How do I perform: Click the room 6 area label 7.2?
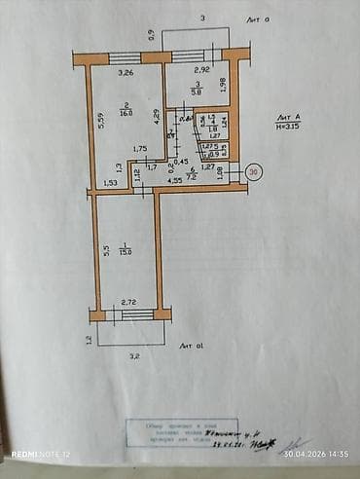point(191,178)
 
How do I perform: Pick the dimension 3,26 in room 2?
point(126,73)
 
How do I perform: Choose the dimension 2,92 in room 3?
point(201,71)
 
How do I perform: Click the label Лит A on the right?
point(289,116)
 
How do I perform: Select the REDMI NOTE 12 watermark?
point(41,455)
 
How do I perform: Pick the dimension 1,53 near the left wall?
point(110,182)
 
